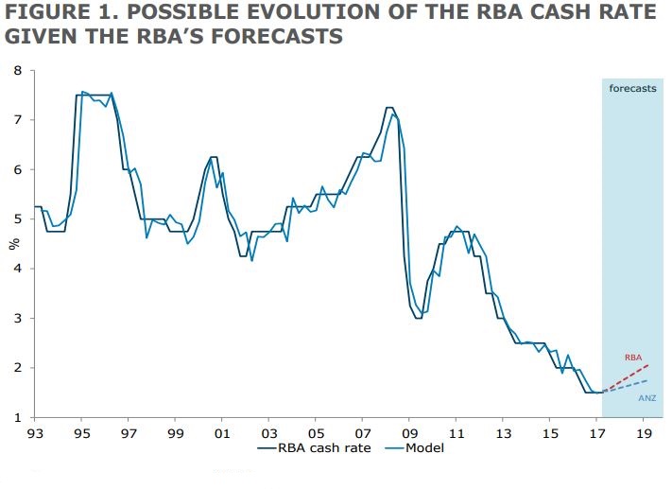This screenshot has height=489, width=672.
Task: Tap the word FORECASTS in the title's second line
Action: coord(280,39)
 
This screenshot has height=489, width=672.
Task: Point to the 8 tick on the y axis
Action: coord(17,71)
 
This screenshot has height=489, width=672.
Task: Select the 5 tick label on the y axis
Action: coord(17,219)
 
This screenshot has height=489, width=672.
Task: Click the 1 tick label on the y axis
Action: coord(17,417)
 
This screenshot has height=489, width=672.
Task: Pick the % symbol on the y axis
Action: coord(13,244)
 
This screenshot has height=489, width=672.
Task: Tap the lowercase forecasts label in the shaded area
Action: coord(632,88)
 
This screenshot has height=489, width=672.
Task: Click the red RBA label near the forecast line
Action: coord(633,358)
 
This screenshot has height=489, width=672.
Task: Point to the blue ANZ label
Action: coord(647,398)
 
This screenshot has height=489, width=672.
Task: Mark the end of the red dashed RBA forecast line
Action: coord(648,365)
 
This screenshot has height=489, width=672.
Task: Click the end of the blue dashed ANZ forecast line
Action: coord(648,380)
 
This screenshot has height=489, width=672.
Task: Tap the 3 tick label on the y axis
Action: coord(17,319)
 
